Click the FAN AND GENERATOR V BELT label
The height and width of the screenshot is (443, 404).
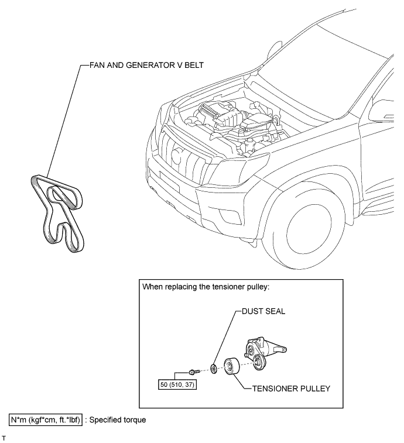point(146,66)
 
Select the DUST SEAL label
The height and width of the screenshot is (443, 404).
point(263,311)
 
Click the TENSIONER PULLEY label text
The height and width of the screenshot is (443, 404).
point(291,389)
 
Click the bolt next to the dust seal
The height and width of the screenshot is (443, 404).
point(194,372)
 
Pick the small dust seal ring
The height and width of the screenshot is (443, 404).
point(214,369)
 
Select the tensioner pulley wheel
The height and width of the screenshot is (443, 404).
point(232,366)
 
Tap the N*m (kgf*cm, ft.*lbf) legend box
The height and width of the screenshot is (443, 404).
point(46,420)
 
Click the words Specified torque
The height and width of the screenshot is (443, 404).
point(118,420)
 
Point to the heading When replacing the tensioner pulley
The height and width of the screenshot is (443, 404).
point(206,287)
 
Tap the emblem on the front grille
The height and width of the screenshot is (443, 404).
point(177,156)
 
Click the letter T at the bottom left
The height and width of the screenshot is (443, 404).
point(4,438)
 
